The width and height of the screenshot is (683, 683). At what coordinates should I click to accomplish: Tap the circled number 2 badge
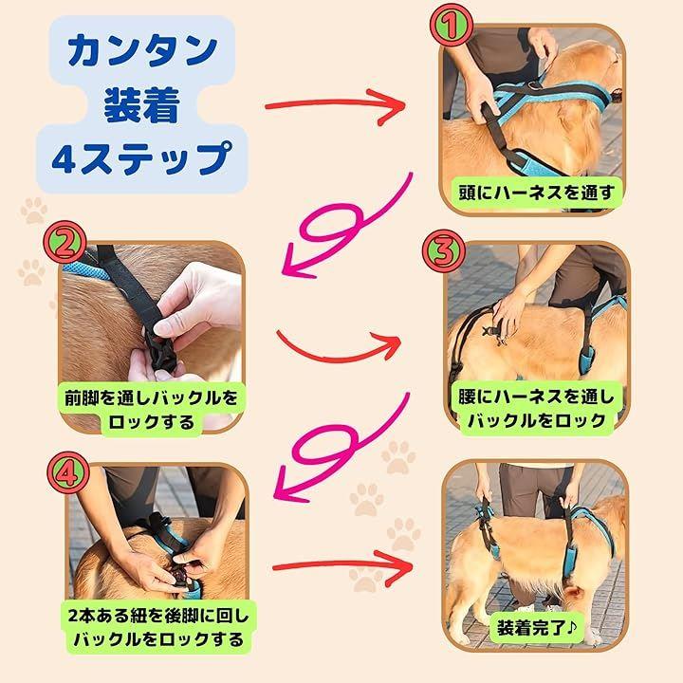click(65, 242)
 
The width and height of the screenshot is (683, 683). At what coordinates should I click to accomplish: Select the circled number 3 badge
click(443, 251)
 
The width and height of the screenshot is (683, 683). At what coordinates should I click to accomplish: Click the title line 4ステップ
click(141, 158)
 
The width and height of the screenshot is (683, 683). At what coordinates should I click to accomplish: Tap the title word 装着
click(142, 105)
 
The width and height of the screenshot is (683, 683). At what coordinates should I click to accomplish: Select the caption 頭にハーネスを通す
click(536, 192)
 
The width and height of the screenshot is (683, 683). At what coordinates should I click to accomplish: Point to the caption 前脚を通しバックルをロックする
click(151, 410)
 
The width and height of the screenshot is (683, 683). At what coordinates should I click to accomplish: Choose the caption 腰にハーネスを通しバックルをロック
click(536, 409)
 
